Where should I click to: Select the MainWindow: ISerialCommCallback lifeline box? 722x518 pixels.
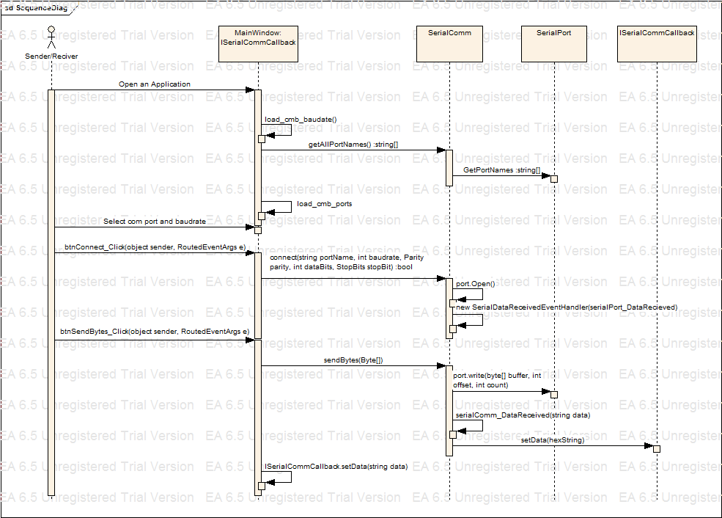258,43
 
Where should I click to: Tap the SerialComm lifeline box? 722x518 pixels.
449,43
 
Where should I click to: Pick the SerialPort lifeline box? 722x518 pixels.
553,43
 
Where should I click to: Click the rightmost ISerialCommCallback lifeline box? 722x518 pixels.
657,43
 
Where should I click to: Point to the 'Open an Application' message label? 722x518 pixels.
154,84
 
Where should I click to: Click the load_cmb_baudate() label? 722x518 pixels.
301,119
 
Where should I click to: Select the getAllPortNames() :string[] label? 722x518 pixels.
353,145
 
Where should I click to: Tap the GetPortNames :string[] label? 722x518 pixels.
501,170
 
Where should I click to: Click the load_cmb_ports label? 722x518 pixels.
324,203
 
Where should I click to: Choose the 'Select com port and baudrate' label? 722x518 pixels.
154,221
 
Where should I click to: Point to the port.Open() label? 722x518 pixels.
476,283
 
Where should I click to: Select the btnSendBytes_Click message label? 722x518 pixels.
155,332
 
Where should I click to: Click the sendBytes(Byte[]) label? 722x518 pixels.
353,360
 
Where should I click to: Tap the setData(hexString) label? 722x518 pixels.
553,439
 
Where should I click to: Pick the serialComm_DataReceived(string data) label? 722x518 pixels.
523,415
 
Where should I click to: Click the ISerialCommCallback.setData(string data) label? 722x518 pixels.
336,466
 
